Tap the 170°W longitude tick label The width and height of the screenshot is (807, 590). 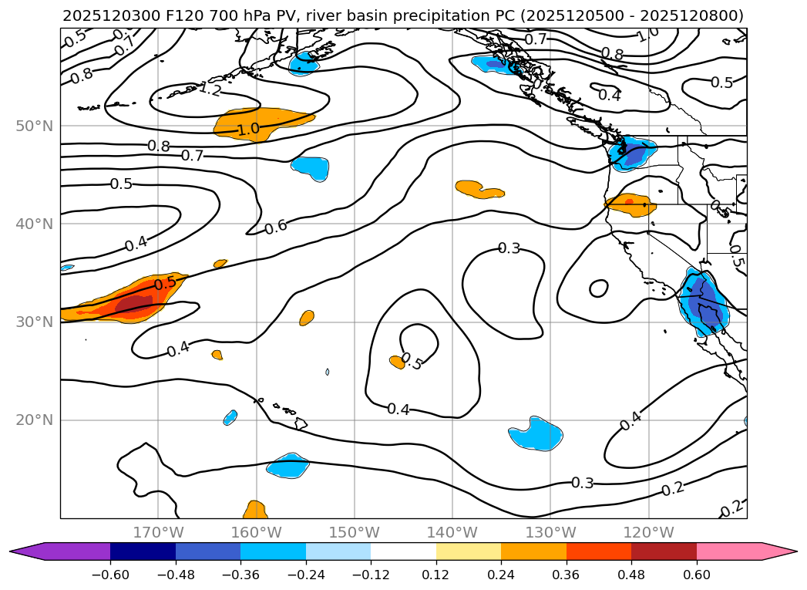[x=158, y=532]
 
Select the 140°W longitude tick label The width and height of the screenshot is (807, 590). [x=452, y=532]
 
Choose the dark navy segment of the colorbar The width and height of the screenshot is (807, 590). [x=143, y=551]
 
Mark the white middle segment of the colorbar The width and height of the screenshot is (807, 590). [x=403, y=551]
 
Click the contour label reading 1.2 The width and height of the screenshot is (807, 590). [x=210, y=89]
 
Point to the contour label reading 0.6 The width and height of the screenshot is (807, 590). [x=275, y=227]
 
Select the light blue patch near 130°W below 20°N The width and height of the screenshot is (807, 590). [x=537, y=433]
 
